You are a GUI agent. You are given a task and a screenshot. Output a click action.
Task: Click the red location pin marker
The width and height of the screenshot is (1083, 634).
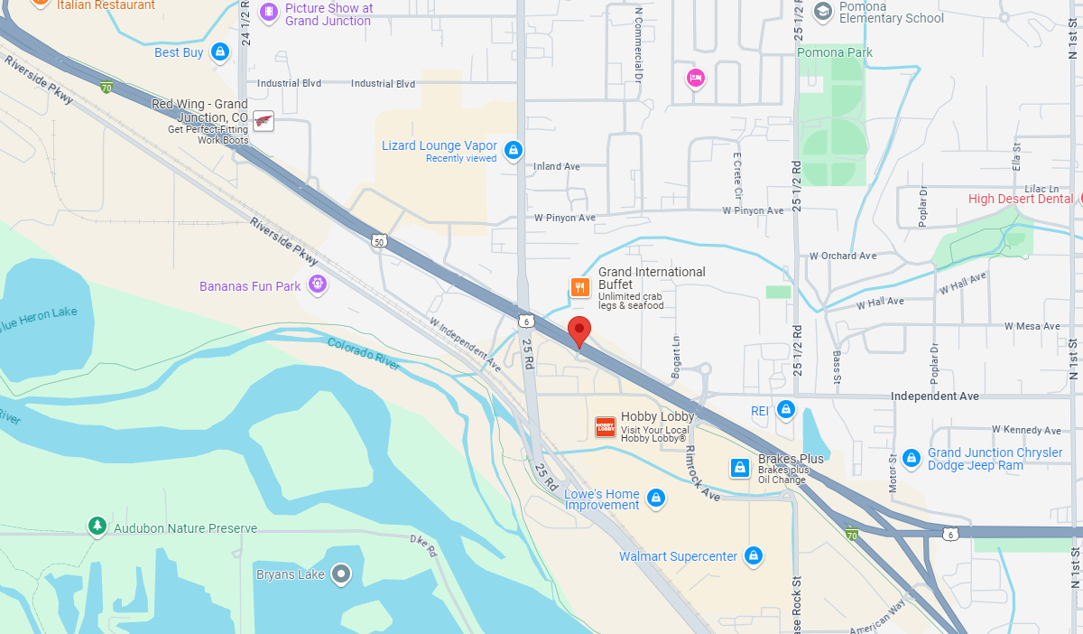(x=579, y=331)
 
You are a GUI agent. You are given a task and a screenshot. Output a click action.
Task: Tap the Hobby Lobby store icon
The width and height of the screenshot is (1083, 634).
(x=605, y=427)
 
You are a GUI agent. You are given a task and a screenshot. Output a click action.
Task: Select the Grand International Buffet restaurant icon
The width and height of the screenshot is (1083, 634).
(x=579, y=287)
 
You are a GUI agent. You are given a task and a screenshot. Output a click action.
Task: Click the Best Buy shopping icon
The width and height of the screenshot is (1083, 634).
(x=218, y=52)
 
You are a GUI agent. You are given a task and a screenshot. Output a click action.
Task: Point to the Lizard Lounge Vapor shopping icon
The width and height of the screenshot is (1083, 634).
(x=513, y=150)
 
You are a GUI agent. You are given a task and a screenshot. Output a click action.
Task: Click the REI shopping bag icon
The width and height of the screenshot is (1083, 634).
(x=785, y=410)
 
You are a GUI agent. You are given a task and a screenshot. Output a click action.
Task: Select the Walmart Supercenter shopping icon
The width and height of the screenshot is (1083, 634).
(x=754, y=555)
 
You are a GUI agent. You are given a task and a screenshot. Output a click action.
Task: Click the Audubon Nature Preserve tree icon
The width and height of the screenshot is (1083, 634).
(x=97, y=526)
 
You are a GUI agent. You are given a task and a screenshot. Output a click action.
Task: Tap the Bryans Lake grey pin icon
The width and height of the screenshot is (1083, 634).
(x=340, y=573)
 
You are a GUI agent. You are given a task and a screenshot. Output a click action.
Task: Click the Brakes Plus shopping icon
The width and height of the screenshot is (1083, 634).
(x=740, y=467)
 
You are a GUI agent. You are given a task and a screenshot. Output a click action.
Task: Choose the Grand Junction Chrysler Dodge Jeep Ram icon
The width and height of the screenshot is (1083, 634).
(x=911, y=458)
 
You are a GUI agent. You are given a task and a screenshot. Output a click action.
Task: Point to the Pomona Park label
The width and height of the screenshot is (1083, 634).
(x=835, y=52)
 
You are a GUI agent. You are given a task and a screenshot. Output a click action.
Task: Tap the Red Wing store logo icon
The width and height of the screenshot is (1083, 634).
(x=263, y=121)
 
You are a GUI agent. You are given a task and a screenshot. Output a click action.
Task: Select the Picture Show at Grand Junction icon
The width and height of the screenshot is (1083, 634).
(x=268, y=13)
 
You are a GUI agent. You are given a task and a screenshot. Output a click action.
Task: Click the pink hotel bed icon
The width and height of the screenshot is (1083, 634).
(x=695, y=79)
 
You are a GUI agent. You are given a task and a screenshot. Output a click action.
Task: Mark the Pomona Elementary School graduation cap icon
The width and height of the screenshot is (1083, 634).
(x=822, y=11)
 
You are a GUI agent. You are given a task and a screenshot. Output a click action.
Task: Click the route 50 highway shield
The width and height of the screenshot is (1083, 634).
(x=379, y=240)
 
